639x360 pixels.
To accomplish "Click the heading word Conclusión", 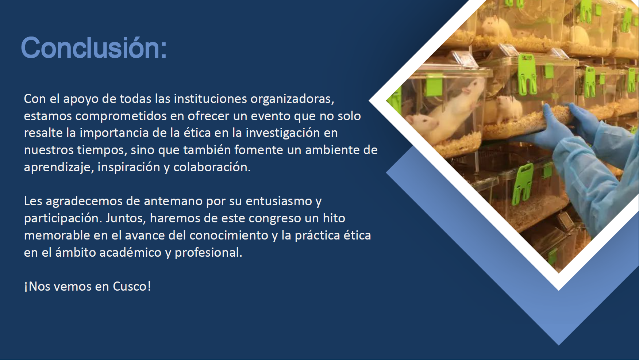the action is click(94, 47).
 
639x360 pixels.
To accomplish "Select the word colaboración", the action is click(212, 167).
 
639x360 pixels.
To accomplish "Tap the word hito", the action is click(334, 218).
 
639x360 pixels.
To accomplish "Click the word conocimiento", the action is click(229, 235).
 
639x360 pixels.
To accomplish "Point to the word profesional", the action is click(208, 253).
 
